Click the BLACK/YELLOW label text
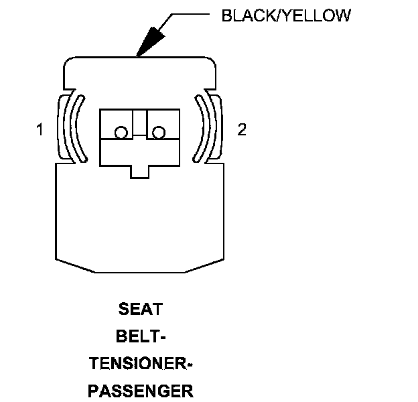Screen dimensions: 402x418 click(285, 15)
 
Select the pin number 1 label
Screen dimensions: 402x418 click(40, 130)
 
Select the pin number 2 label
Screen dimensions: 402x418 click(242, 130)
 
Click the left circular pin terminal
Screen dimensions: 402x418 click(121, 133)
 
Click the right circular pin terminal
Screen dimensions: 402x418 click(158, 133)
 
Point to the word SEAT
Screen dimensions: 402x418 click(141, 310)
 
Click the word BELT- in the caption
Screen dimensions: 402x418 click(141, 337)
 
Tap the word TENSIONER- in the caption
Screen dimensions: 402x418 click(141, 364)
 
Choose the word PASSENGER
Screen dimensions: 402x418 click(141, 391)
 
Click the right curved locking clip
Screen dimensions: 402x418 click(209, 127)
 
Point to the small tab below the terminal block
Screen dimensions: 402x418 click(139, 172)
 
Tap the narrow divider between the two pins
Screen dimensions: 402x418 click(139, 123)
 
